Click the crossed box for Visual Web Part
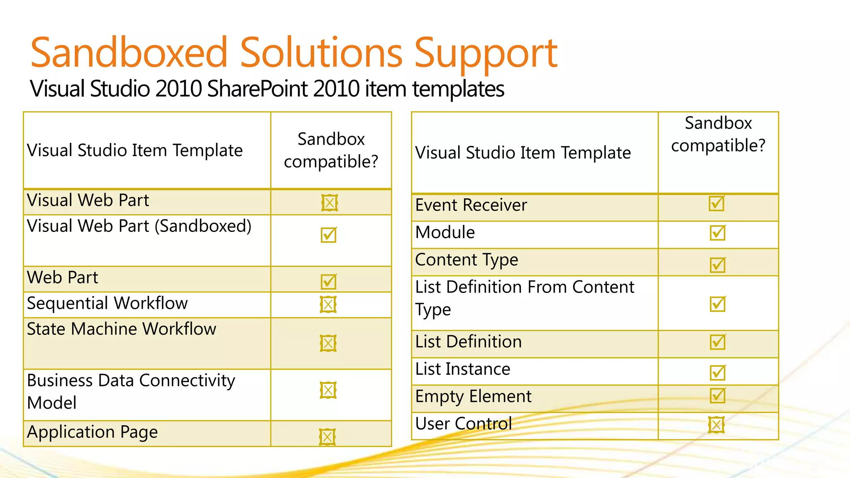pyautogui.click(x=330, y=203)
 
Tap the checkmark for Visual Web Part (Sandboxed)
pyautogui.click(x=328, y=235)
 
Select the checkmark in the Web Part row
pyautogui.click(x=328, y=282)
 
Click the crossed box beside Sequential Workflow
pyautogui.click(x=328, y=305)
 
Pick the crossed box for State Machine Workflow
pyautogui.click(x=328, y=343)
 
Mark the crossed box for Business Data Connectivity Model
pyautogui.click(x=328, y=390)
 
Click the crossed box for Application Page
pyautogui.click(x=327, y=437)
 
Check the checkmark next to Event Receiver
pyautogui.click(x=716, y=204)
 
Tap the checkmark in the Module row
pyautogui.click(x=717, y=233)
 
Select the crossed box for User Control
pyautogui.click(x=716, y=424)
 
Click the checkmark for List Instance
pyautogui.click(x=717, y=372)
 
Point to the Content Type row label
pyautogui.click(x=467, y=260)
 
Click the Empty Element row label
pyautogui.click(x=473, y=397)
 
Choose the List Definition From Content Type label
pyautogui.click(x=524, y=298)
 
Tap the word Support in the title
pyautogui.click(x=486, y=54)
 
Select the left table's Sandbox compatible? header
pyautogui.click(x=331, y=150)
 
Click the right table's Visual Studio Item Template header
pyautogui.click(x=523, y=153)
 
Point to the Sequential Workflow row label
pyautogui.click(x=107, y=303)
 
